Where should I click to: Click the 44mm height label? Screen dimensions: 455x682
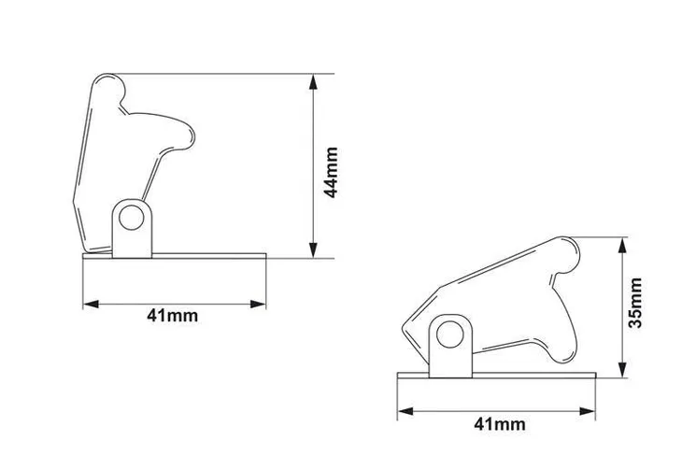point(329,171)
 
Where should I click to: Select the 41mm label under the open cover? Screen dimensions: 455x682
point(173,316)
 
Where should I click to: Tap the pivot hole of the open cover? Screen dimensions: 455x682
point(133,220)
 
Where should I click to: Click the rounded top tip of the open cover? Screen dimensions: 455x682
point(108,86)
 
